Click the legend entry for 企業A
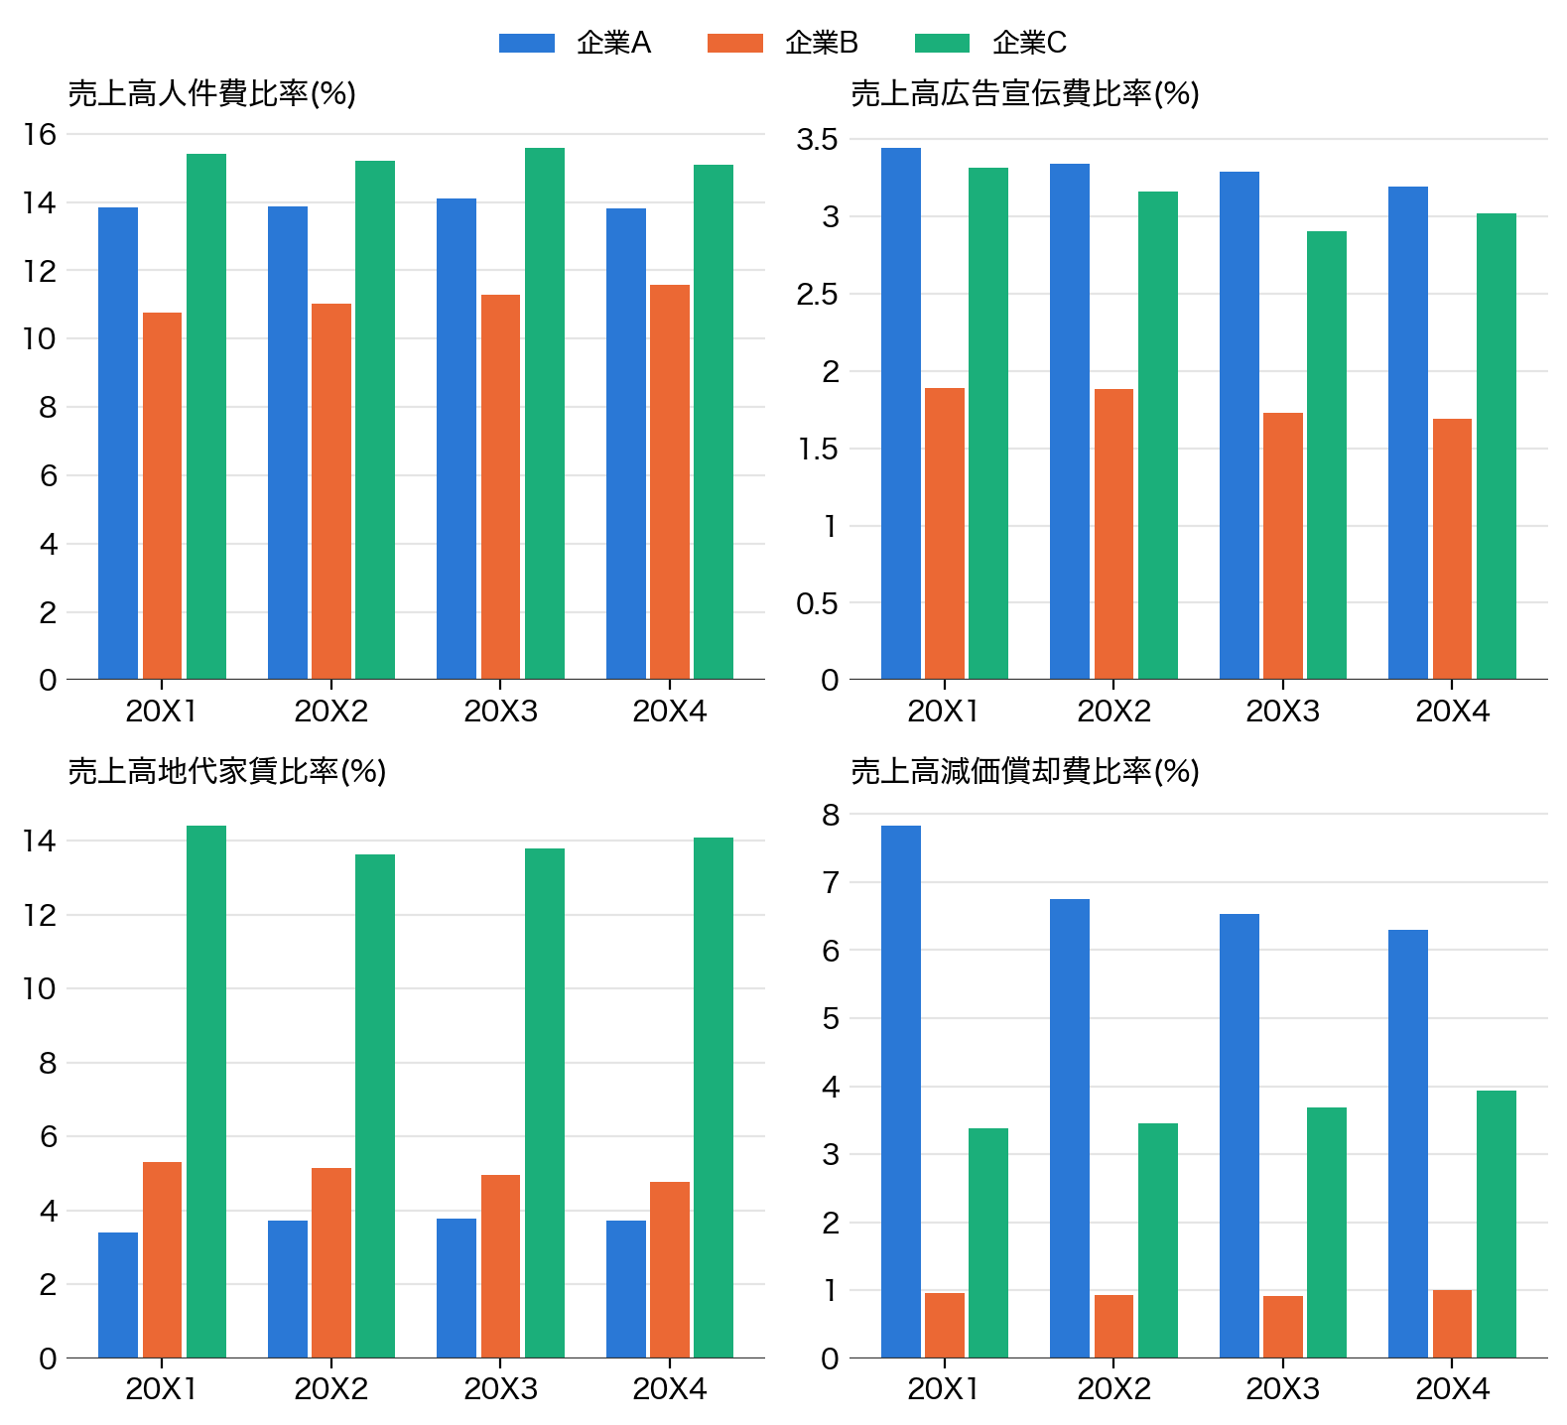pyautogui.click(x=575, y=43)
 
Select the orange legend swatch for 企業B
pyautogui.click(x=735, y=43)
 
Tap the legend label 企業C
pyautogui.click(x=1029, y=43)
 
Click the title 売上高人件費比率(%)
pyautogui.click(x=212, y=94)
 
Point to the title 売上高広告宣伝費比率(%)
pyautogui.click(x=1025, y=94)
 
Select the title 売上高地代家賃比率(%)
pyautogui.click(x=227, y=771)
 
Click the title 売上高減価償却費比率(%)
pyautogui.click(x=1025, y=771)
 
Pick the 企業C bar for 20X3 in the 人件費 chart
pyautogui.click(x=545, y=414)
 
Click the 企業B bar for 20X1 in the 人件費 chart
pyautogui.click(x=162, y=496)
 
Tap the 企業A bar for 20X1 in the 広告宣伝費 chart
pyautogui.click(x=901, y=414)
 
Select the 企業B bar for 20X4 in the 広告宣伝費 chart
pyautogui.click(x=1452, y=549)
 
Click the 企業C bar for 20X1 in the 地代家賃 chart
pyautogui.click(x=206, y=1092)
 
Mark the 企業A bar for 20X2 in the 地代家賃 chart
pyautogui.click(x=288, y=1289)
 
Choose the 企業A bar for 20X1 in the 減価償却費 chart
pyautogui.click(x=901, y=1092)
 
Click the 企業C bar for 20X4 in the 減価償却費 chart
pyautogui.click(x=1497, y=1224)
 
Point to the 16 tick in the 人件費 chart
pyautogui.click(x=41, y=134)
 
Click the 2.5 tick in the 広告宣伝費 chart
pyautogui.click(x=818, y=295)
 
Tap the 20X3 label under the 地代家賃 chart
pyautogui.click(x=500, y=1389)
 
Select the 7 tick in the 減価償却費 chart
pyautogui.click(x=831, y=882)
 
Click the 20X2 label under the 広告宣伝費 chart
pyautogui.click(x=1113, y=712)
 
